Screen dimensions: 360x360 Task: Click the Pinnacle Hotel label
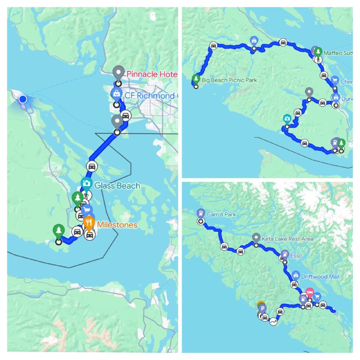click(x=151, y=74)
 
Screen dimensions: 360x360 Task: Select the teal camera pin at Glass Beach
click(x=85, y=183)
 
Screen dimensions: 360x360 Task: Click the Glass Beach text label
click(x=117, y=185)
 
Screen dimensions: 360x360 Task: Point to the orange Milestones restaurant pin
click(x=89, y=222)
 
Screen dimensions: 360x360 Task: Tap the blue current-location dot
click(x=22, y=99)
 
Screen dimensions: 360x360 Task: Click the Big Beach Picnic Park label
click(x=229, y=80)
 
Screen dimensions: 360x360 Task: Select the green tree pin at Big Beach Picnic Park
click(x=196, y=79)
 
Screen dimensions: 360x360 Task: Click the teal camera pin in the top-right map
click(x=287, y=119)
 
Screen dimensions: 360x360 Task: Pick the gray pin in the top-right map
click(x=309, y=92)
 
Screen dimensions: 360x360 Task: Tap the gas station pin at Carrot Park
click(x=200, y=213)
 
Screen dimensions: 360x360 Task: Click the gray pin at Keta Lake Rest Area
click(x=256, y=238)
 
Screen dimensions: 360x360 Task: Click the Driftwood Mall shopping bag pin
click(x=296, y=274)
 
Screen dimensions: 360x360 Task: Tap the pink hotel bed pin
click(x=309, y=292)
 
